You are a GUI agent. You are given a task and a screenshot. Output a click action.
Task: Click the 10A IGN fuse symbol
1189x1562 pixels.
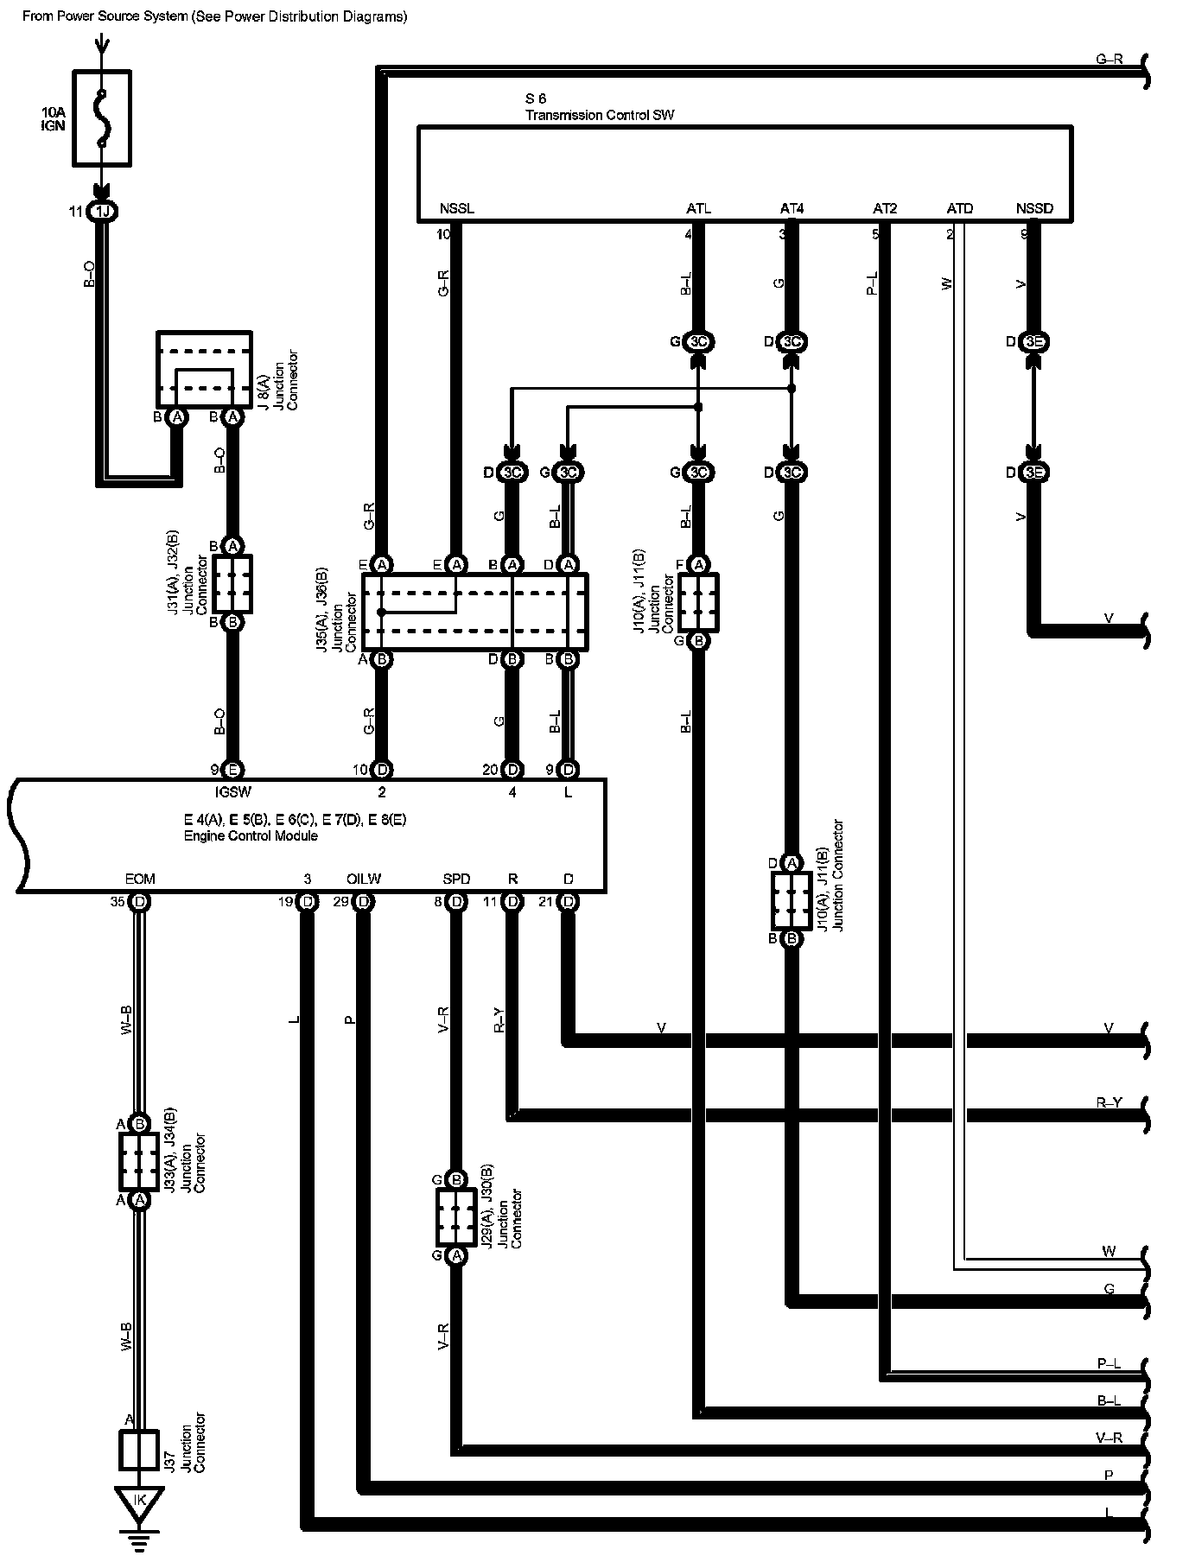pos(102,117)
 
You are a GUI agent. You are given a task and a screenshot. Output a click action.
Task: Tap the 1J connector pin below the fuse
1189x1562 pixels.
pos(102,212)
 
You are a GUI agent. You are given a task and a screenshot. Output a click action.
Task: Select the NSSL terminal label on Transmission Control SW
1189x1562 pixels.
pos(456,209)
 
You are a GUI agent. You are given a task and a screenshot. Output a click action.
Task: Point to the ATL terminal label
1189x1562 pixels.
pos(698,209)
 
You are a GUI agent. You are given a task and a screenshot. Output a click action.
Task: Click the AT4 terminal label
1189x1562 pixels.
pos(792,209)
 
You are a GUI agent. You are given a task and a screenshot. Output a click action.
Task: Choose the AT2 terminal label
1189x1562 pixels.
pos(885,209)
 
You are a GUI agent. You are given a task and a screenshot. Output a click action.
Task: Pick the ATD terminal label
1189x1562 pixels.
pos(959,209)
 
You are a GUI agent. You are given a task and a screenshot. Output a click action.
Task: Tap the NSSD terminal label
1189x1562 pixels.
pos(1034,209)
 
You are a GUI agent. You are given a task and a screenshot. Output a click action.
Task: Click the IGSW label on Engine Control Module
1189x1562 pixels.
pos(232,791)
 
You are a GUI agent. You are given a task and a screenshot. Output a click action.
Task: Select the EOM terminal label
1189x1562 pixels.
pos(140,879)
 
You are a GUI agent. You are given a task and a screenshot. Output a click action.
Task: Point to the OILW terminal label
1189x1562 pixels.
pos(364,879)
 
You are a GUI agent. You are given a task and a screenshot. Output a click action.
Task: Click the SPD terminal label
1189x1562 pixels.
pos(456,879)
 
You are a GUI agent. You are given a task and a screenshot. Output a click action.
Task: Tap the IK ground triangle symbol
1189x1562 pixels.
pos(139,1503)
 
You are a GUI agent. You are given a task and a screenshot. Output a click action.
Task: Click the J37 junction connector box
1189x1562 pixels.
pos(139,1450)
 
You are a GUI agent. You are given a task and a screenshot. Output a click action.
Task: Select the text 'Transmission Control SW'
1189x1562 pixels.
pos(600,115)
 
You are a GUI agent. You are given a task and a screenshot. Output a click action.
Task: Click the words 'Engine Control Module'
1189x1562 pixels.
pos(251,835)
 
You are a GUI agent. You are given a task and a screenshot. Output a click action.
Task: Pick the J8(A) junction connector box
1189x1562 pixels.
pos(204,368)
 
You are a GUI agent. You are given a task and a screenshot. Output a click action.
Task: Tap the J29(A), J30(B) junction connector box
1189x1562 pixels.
pos(456,1217)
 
